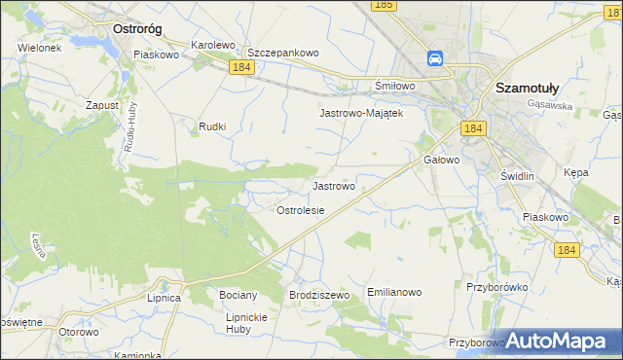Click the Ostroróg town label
(137, 29)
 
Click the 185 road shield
(383, 6)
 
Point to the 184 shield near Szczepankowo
(242, 67)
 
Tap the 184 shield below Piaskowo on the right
(568, 250)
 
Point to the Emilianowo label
(394, 291)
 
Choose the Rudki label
(212, 126)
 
